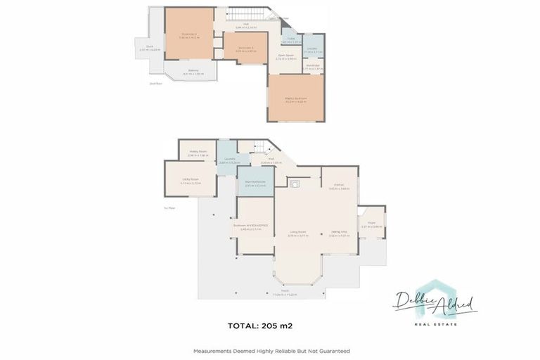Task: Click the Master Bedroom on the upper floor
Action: pos(295,98)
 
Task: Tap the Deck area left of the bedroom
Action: pos(150,49)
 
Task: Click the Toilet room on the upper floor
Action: pos(287,41)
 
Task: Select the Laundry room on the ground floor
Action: pos(226,160)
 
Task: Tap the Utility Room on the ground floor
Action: pos(191,181)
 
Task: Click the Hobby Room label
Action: pos(198,152)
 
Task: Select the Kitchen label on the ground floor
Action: pos(339,187)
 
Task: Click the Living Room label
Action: pos(298,233)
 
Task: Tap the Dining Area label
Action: pos(340,233)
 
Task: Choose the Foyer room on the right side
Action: pos(371,225)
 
